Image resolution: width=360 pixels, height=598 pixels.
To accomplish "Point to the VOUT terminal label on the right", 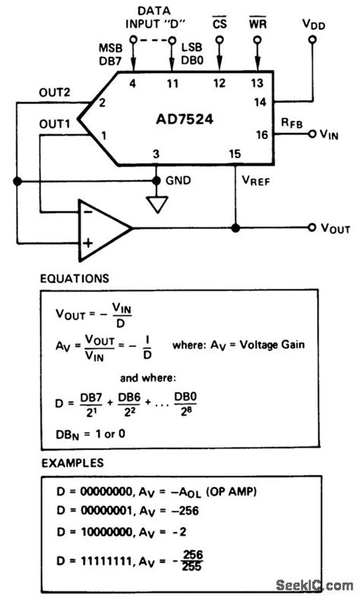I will [334, 228].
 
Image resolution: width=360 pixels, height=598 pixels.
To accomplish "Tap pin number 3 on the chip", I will [156, 154].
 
